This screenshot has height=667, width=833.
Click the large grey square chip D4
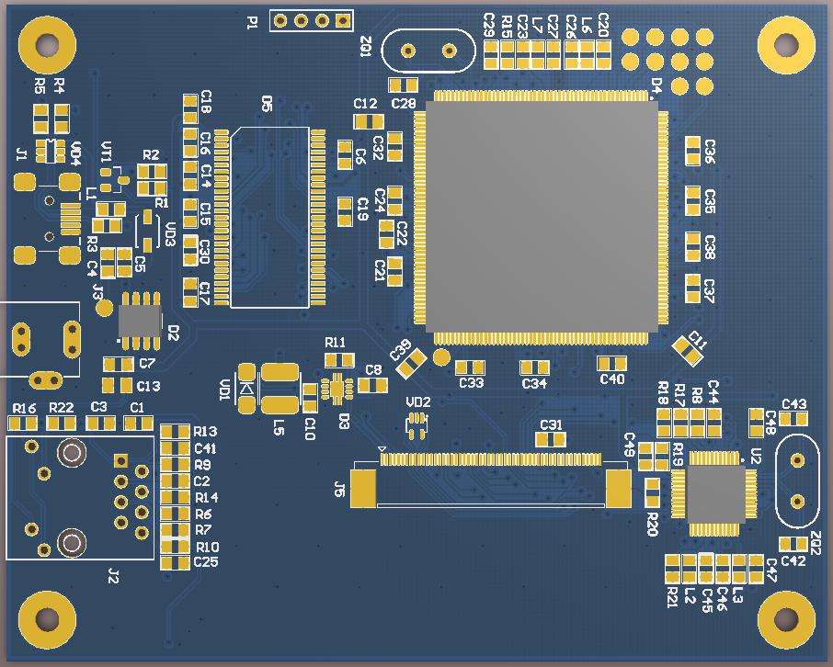point(541,215)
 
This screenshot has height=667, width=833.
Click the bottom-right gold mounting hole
point(787,622)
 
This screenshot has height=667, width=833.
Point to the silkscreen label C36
point(710,151)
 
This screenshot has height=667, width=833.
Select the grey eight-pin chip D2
point(140,320)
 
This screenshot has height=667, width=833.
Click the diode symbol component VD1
point(246,389)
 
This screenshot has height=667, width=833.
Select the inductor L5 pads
point(280,389)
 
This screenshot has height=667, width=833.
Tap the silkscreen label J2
point(113,576)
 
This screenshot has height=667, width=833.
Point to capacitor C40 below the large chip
point(611,364)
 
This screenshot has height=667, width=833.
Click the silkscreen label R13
point(206,432)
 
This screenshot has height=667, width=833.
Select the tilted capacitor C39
point(411,362)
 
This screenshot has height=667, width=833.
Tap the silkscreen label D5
point(267,104)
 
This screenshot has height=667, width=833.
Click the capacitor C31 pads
point(551,439)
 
